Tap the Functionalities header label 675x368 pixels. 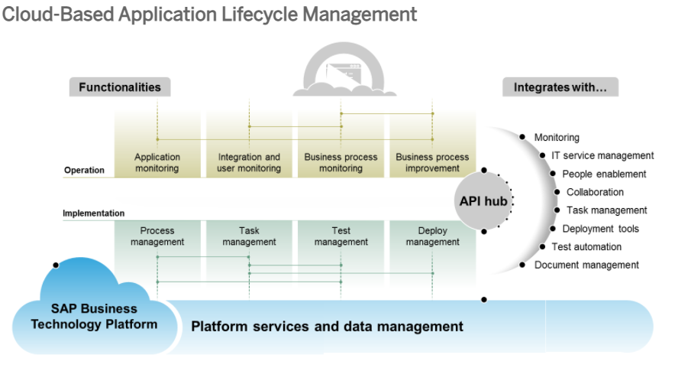(120, 87)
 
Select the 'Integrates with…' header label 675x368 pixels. (560, 87)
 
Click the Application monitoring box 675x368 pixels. (157, 162)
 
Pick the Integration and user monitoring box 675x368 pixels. (249, 162)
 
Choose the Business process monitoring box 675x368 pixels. (341, 162)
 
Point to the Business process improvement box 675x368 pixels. (432, 162)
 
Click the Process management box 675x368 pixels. (157, 236)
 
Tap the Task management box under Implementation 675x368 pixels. (249, 236)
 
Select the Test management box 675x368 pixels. (341, 236)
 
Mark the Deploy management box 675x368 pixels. (432, 236)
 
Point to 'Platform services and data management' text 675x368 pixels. (327, 327)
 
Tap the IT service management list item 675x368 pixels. (602, 155)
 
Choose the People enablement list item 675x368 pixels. (604, 174)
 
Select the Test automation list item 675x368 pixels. (586, 246)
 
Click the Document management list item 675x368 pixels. (586, 265)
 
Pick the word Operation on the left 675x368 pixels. (84, 170)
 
